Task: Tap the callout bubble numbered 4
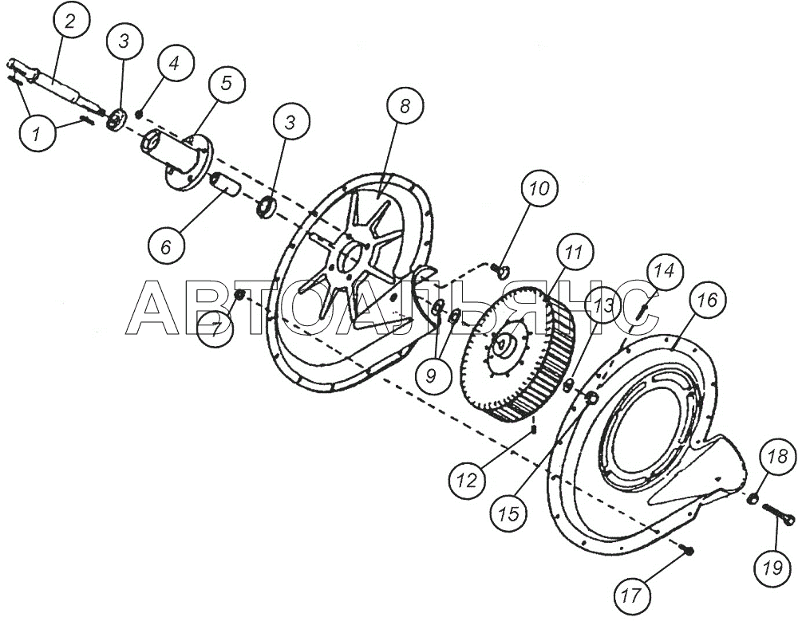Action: pos(175,65)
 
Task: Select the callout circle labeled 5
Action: pos(226,83)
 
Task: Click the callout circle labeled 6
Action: pos(166,247)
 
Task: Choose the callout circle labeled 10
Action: pos(540,188)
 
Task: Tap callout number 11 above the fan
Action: pos(575,253)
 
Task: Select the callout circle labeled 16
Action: pos(706,300)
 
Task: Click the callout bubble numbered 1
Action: pos(37,135)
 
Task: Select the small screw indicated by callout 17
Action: pos(687,549)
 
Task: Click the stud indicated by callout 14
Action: pos(642,309)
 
